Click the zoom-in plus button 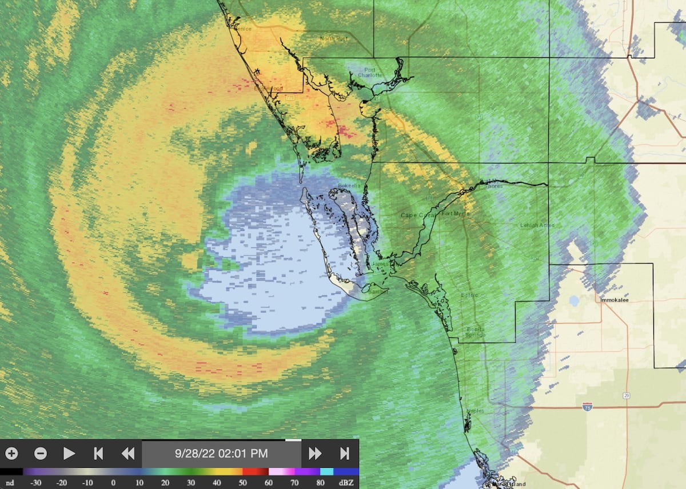[11, 454]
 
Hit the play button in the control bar [69, 454]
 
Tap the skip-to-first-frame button [98, 454]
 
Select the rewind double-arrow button [127, 454]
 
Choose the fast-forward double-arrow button [315, 454]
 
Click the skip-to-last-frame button [344, 454]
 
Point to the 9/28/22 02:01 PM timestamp [221, 454]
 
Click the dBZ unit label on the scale [346, 483]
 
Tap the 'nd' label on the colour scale [10, 483]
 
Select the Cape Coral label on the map [417, 215]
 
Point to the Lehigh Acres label [537, 225]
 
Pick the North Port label [333, 38]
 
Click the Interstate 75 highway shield [587, 406]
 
